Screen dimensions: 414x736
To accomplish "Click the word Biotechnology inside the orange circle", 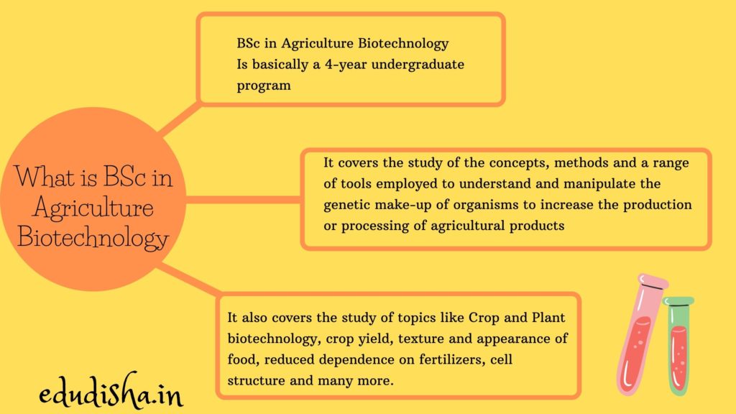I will point(93,237).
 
